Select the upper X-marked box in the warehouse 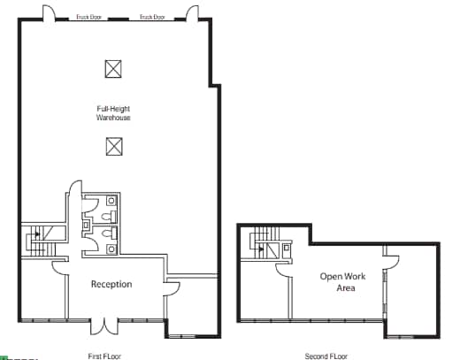click(x=112, y=68)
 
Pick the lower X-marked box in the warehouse click(x=112, y=147)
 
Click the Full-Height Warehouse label click(x=113, y=113)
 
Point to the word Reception click(x=111, y=284)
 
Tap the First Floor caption click(x=104, y=356)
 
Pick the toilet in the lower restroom click(x=107, y=234)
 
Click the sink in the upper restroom click(x=111, y=200)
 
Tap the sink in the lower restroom click(x=111, y=249)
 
